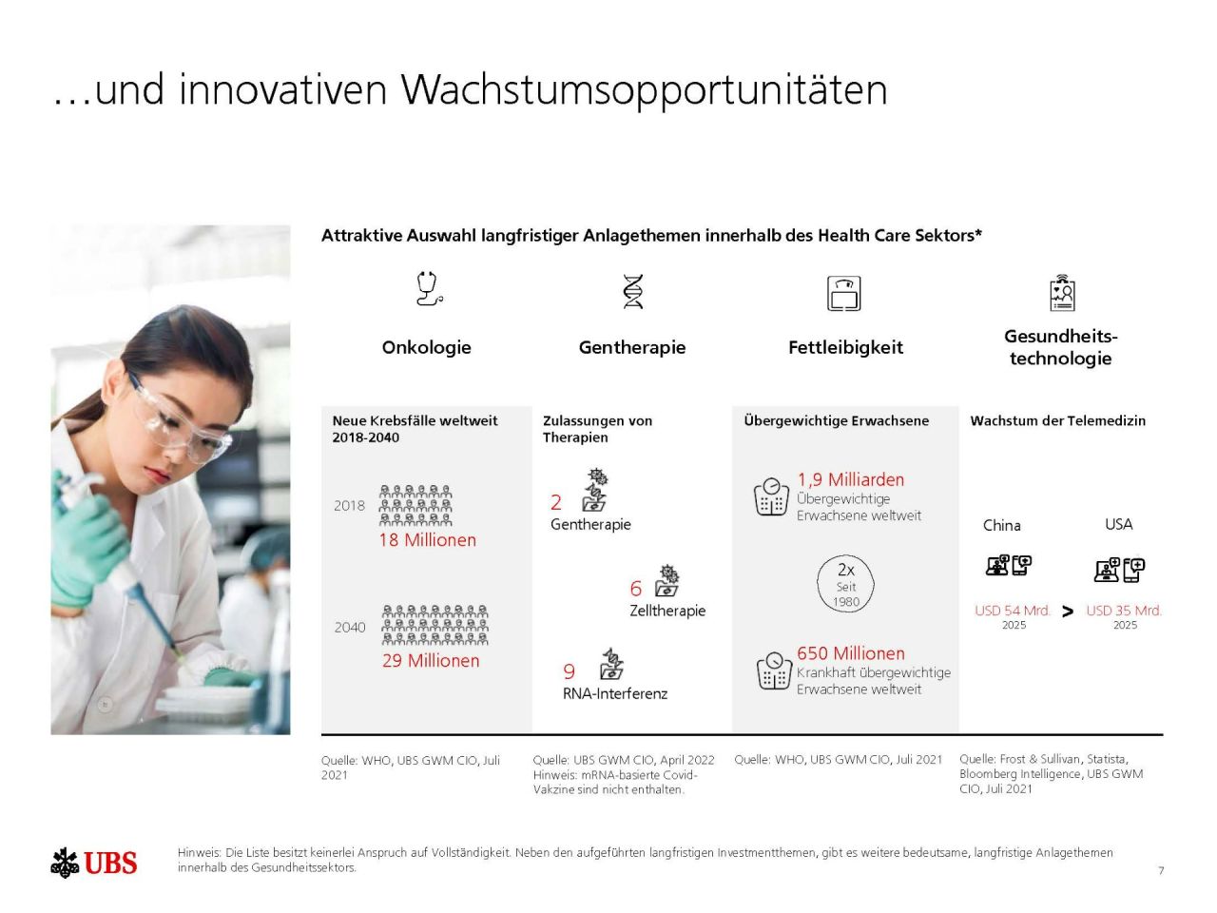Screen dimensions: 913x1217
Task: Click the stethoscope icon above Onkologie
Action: coord(429,288)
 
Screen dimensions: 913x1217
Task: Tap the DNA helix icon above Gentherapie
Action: coord(632,291)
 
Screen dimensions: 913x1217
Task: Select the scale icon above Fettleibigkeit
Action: coord(843,293)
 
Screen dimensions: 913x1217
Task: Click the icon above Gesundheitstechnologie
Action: coord(1062,293)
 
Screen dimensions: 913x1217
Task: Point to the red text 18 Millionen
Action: coord(427,540)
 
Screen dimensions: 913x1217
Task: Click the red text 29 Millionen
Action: coord(431,661)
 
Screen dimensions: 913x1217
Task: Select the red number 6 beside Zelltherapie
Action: coord(636,589)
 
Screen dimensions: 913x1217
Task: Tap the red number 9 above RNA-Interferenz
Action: coord(569,671)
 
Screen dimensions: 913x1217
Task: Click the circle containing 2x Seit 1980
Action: coord(845,583)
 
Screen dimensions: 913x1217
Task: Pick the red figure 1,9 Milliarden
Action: coord(850,480)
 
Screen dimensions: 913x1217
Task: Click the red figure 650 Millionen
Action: coord(850,653)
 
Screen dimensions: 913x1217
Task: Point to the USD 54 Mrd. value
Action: coord(1013,611)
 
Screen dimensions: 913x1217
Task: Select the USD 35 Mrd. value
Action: coord(1124,611)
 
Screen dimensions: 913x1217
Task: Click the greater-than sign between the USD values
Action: coord(1068,612)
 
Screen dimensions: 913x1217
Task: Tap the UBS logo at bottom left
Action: coord(94,863)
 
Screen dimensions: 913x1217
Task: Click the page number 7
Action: coord(1161,870)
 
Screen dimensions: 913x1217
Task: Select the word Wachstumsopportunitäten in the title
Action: coord(644,89)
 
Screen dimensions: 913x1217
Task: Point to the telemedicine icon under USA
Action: coord(1119,569)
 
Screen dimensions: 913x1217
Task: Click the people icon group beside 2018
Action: coord(415,505)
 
